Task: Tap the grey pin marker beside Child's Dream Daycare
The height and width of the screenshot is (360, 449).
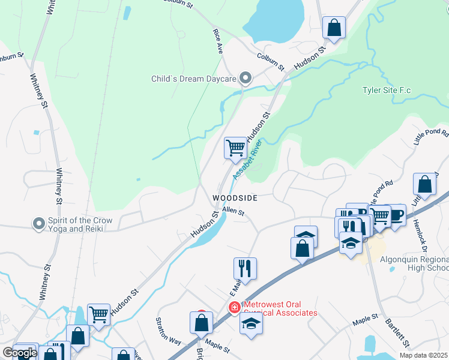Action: [x=245, y=79]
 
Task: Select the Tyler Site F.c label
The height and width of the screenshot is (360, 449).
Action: [x=387, y=91]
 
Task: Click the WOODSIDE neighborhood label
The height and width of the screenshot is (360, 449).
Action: [x=235, y=198]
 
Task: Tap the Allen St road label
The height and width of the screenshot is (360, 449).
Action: [x=234, y=211]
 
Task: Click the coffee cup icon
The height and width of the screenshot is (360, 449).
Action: [x=396, y=214]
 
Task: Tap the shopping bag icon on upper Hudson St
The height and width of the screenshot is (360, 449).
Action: [x=334, y=27]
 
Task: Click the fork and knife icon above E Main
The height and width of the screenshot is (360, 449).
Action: [x=245, y=268]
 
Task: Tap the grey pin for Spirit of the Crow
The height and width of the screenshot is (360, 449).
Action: [x=40, y=224]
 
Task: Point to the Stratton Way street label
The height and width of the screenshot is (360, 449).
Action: [x=169, y=331]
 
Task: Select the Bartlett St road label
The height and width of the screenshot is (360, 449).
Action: [x=397, y=332]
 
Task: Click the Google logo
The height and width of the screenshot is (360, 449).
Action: [x=20, y=353]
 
